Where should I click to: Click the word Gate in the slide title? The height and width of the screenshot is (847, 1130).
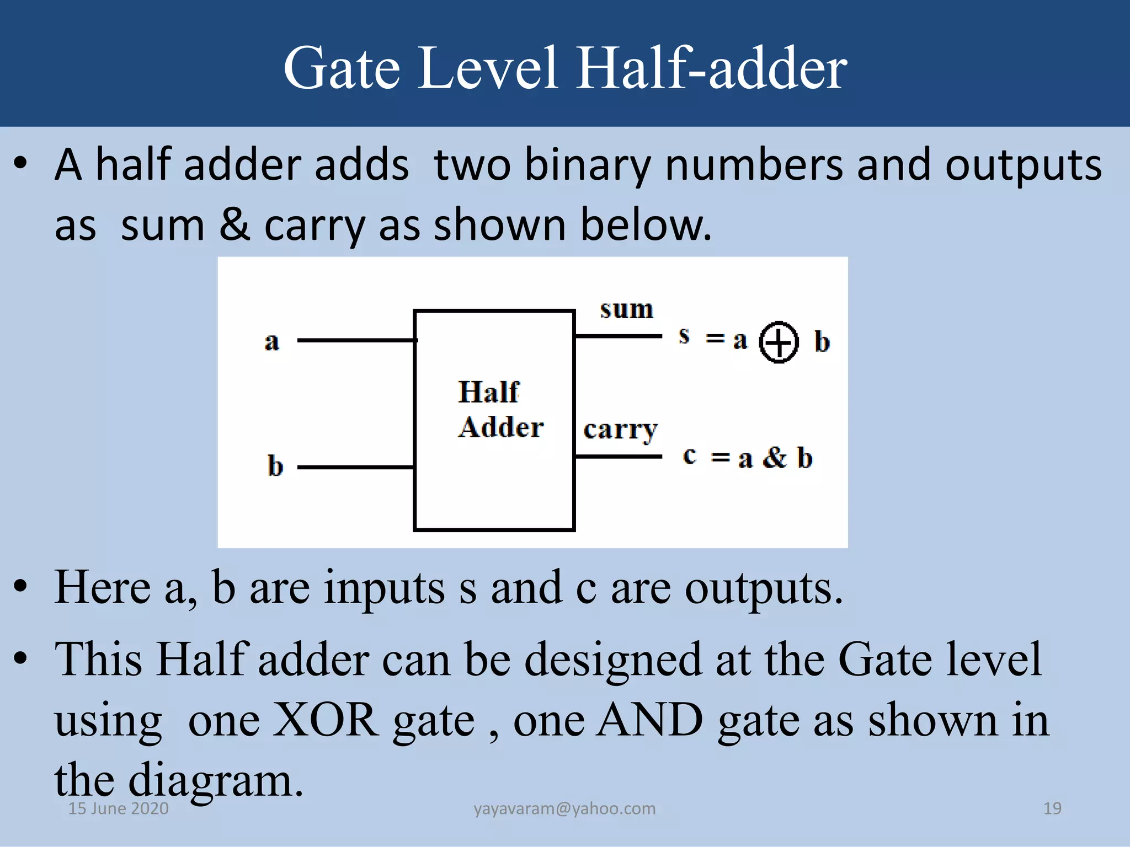[342, 68]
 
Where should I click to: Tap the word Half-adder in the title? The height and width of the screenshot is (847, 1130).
[711, 68]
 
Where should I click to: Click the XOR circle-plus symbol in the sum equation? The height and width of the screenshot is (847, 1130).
[779, 342]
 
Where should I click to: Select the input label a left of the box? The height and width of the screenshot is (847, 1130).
[271, 341]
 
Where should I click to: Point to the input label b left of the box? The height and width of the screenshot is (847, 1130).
[275, 466]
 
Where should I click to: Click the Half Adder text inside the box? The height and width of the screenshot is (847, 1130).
[500, 410]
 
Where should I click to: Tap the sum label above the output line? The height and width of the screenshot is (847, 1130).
[627, 309]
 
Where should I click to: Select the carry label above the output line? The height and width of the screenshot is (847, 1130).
[621, 430]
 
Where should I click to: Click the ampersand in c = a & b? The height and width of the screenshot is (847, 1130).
[775, 458]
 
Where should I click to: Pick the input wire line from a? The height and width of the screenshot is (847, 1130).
[356, 340]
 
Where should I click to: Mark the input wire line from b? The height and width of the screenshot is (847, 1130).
[356, 467]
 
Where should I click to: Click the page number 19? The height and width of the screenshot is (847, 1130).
[1052, 808]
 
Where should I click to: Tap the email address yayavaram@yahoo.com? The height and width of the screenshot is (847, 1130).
[564, 808]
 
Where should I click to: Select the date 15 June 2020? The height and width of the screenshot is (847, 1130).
[118, 808]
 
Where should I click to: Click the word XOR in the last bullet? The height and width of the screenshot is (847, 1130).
[326, 720]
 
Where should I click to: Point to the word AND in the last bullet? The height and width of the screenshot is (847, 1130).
[651, 720]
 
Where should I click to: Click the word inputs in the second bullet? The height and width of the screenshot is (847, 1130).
[384, 588]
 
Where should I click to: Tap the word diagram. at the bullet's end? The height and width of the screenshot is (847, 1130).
[215, 781]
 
